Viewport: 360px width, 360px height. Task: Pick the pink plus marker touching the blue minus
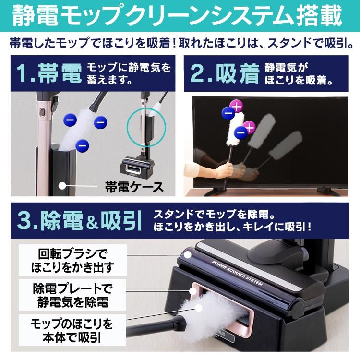[x=236, y=105]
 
